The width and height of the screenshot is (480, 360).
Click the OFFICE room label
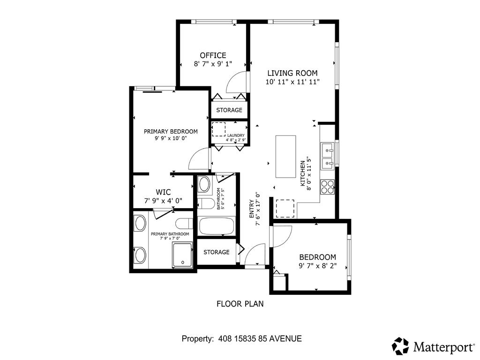click(213, 55)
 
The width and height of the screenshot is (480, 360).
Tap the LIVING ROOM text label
click(292, 73)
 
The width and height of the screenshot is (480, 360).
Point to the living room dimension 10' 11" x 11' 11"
click(292, 82)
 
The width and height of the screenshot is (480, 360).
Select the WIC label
click(163, 192)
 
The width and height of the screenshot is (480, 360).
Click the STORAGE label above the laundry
click(229, 110)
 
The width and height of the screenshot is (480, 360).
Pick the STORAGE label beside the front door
click(217, 252)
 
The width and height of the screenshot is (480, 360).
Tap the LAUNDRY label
click(236, 135)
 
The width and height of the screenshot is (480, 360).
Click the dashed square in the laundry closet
click(219, 129)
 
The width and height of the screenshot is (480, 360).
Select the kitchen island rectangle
click(285, 156)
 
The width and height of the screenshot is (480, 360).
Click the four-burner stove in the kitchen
click(327, 187)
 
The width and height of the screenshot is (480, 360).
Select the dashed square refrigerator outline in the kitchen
click(285, 209)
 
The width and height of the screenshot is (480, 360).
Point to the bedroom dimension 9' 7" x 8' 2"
click(318, 266)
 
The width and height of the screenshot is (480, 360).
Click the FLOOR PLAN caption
click(240, 304)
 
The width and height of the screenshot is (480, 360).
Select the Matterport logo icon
click(400, 346)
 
